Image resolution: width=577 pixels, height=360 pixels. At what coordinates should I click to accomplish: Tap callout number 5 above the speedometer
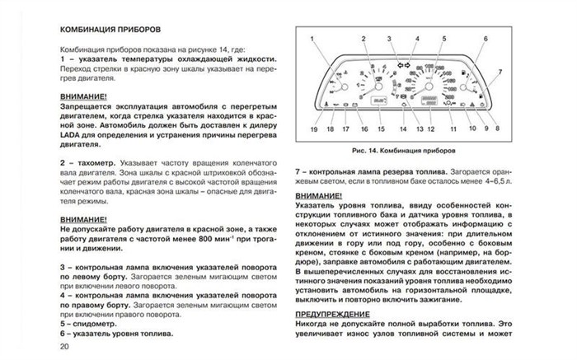tap(443, 39)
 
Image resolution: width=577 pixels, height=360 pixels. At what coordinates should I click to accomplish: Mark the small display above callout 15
tap(379, 101)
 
